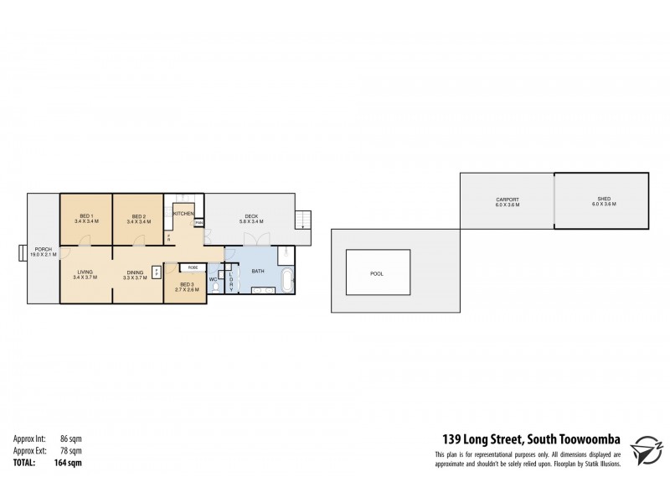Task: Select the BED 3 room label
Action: pyautogui.click(x=184, y=286)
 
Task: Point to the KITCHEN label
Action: pyautogui.click(x=183, y=215)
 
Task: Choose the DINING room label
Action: pyautogui.click(x=136, y=272)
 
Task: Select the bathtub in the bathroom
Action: pyautogui.click(x=286, y=280)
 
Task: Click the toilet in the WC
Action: pyautogui.click(x=216, y=287)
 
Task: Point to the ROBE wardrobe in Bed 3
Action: pyautogui.click(x=193, y=267)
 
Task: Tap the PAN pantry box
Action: pyautogui.click(x=198, y=222)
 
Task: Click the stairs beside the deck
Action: pyautogui.click(x=303, y=220)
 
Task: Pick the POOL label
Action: pyautogui.click(x=377, y=273)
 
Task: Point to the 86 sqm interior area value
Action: pyautogui.click(x=70, y=438)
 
